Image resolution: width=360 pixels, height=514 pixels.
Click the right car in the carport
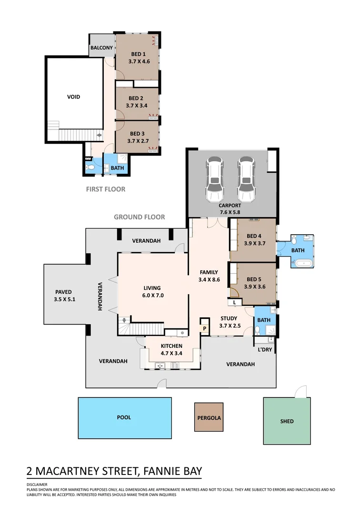coord(246,179)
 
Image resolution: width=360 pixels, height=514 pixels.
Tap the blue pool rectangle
coord(124,418)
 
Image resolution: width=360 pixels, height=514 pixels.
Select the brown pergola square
coord(209,417)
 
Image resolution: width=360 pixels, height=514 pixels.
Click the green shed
coord(287,421)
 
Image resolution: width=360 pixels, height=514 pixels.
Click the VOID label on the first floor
coord(73,97)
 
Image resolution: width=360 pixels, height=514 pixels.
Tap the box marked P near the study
coord(205,328)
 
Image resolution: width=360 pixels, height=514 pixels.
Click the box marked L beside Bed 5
coord(235,302)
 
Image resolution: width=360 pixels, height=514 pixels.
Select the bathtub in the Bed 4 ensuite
coord(302,263)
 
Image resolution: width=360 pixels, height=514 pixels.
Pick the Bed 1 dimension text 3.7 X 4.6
coord(139,61)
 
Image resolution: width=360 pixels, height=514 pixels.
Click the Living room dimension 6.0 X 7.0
coord(152,295)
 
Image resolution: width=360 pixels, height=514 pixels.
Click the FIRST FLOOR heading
coord(105,189)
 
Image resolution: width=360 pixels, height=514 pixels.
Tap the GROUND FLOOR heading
coord(139,217)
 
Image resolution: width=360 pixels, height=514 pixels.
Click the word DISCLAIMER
coord(37,484)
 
